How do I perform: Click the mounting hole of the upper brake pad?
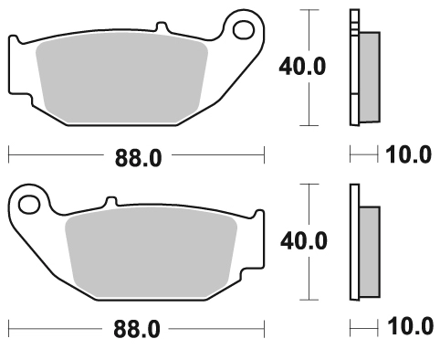coord(244,30)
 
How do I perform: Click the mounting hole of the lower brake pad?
coord(29,204)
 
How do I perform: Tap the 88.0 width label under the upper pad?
coord(138,158)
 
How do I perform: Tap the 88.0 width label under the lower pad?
coord(137,329)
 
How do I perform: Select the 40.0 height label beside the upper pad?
coord(302,67)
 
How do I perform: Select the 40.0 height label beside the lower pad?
coord(304,241)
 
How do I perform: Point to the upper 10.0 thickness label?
coord(408,154)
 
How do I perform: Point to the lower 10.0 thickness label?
coord(410,326)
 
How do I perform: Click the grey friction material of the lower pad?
coord(151,252)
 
